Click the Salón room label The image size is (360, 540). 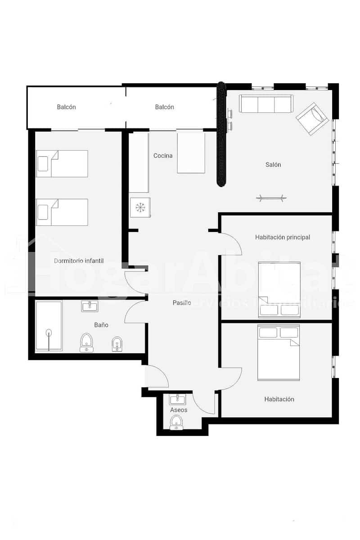[273, 165]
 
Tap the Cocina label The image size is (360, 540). [163, 156]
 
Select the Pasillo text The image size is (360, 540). [182, 303]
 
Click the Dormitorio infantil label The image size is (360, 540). [79, 261]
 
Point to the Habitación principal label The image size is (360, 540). [282, 237]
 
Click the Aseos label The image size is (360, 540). [179, 410]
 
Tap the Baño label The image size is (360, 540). [101, 324]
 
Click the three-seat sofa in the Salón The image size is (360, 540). [266, 104]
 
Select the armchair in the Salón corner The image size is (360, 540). [312, 118]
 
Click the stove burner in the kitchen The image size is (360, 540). [140, 207]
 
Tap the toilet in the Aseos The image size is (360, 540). [176, 423]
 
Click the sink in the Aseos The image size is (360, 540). [177, 399]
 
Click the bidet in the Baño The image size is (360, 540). [117, 344]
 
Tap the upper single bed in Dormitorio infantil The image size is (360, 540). [62, 164]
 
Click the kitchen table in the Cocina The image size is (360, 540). [191, 153]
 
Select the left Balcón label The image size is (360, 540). [66, 107]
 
